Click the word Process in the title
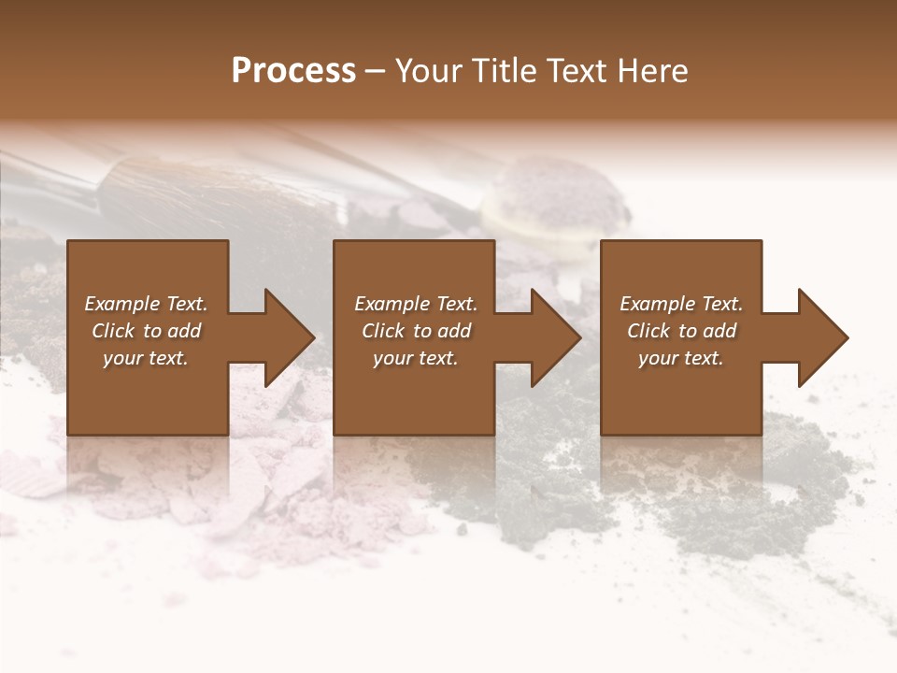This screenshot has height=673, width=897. pos(293,71)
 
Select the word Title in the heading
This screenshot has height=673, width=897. pos(501,71)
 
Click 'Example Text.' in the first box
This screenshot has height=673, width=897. pos(146,304)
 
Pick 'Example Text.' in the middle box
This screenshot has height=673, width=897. pos(416,304)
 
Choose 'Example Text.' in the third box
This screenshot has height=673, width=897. pos(681,304)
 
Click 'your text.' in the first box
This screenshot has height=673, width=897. pos(146,358)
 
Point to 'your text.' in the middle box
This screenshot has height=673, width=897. pos(416,358)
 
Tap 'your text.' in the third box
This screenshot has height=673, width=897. pos(681,358)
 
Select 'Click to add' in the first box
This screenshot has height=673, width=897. pos(146,331)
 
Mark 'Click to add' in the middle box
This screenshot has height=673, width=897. pos(416,331)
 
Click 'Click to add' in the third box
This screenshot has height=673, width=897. pos(681,331)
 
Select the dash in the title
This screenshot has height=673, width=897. pos(376,71)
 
